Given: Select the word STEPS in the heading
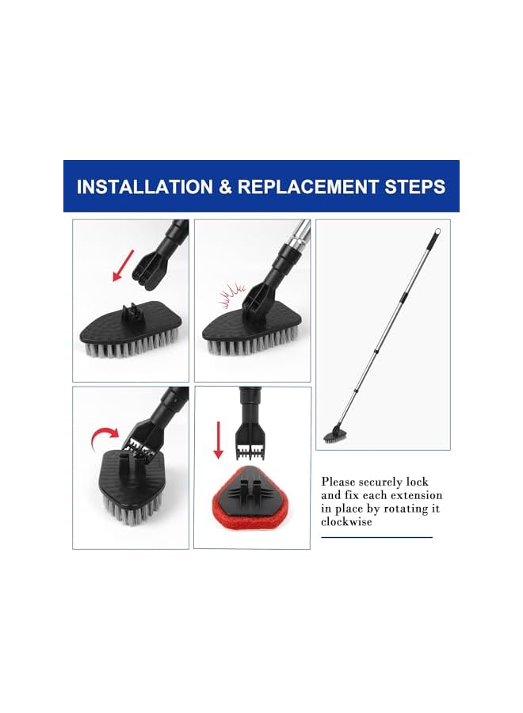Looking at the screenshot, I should pos(416,188).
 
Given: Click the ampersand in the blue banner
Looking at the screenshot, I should pos(223,188).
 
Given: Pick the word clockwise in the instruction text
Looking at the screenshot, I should pos(346,522).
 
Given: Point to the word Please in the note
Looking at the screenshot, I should pos(338,482).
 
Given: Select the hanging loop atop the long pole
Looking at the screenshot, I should pos(435,235).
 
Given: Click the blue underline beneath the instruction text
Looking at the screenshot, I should pos(376,538).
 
